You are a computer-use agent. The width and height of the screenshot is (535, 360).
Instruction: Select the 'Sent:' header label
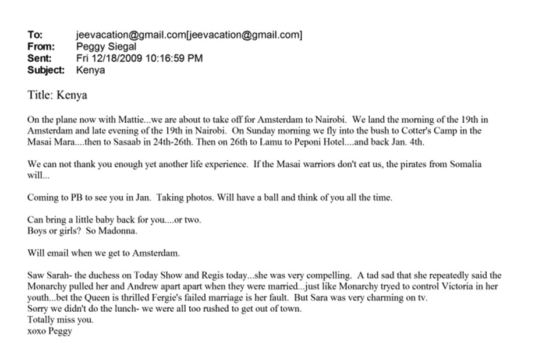tap(40, 58)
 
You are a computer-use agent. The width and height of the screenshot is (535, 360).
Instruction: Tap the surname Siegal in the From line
tap(121, 47)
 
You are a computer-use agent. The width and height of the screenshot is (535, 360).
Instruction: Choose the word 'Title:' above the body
tap(40, 95)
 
